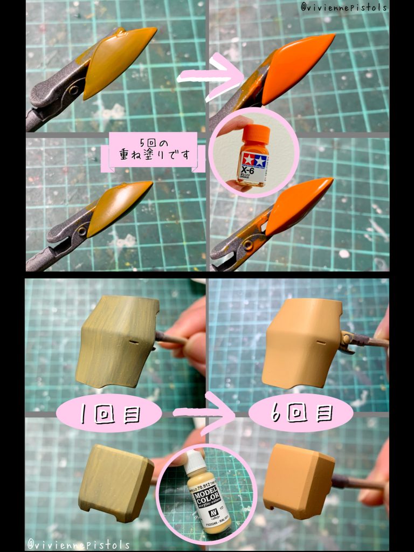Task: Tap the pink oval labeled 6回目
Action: pos(302,415)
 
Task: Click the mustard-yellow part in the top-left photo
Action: pos(116,62)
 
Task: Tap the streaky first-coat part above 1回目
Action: pos(116,344)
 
